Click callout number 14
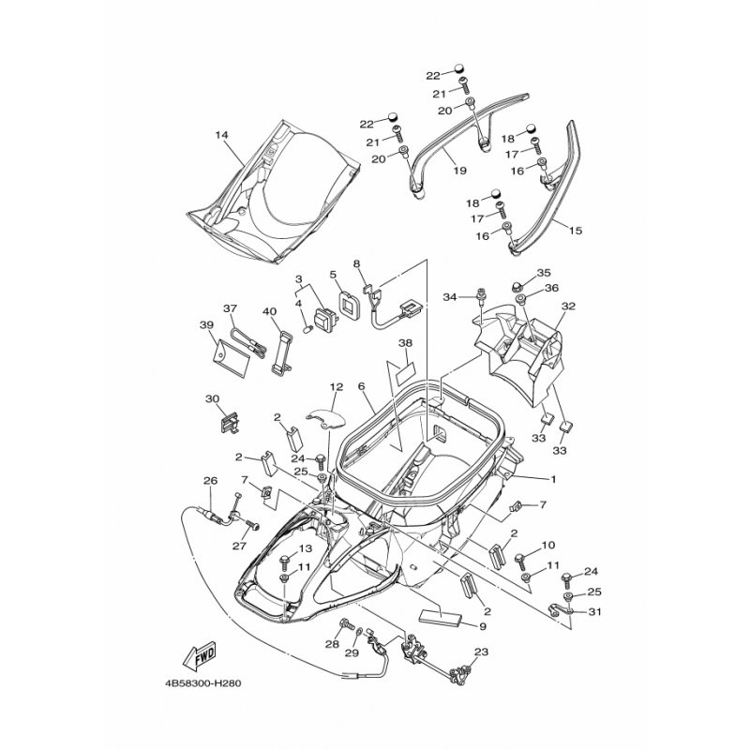pyautogui.click(x=221, y=135)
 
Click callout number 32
pyautogui.click(x=566, y=307)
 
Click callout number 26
pyautogui.click(x=210, y=481)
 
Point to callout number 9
pyautogui.click(x=483, y=627)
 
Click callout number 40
pyautogui.click(x=269, y=310)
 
